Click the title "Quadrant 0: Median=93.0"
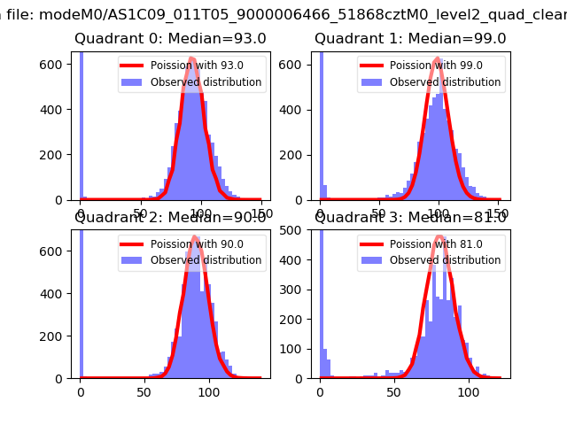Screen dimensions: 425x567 tap(170, 38)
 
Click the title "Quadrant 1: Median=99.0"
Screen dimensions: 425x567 tap(410, 38)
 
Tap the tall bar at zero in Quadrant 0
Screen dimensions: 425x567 tap(82, 124)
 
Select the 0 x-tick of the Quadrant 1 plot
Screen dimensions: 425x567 tap(320, 212)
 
